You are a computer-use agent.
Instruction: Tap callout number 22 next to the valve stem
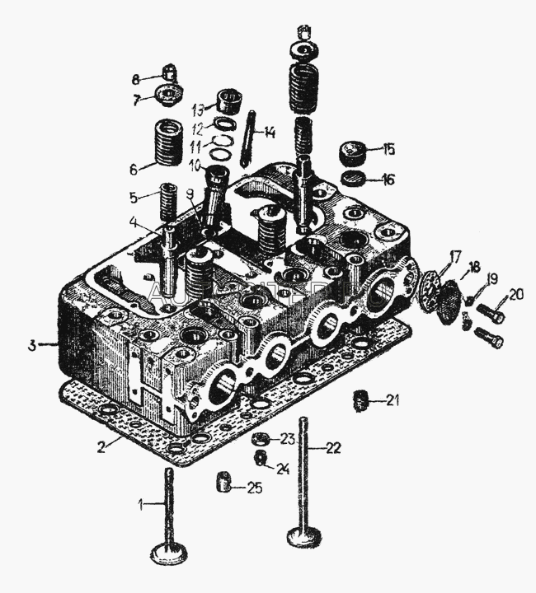pyautogui.click(x=331, y=448)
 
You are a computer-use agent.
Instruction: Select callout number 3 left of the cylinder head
pyautogui.click(x=31, y=345)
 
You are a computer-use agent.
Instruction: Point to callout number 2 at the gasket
pyautogui.click(x=101, y=448)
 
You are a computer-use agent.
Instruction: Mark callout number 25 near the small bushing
pyautogui.click(x=256, y=488)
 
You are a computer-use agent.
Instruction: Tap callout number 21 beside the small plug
pyautogui.click(x=393, y=401)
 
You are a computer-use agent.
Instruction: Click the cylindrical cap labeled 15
pyautogui.click(x=355, y=153)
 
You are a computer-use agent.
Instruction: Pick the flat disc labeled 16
pyautogui.click(x=355, y=180)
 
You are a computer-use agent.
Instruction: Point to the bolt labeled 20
pyautogui.click(x=491, y=313)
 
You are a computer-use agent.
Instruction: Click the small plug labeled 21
pyautogui.click(x=360, y=401)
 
